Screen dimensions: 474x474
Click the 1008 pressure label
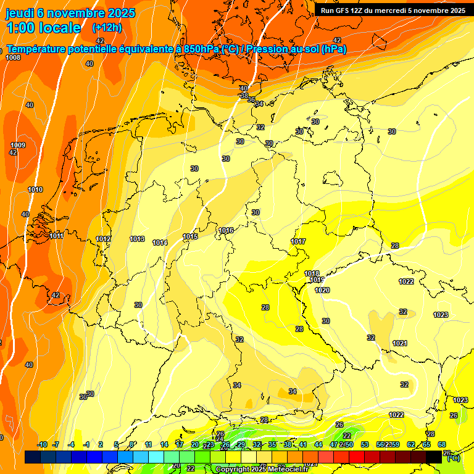pos(13,57)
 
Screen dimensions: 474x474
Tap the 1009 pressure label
pos(18,145)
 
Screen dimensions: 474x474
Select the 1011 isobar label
pos(56,236)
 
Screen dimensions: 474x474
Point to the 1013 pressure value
pos(137,239)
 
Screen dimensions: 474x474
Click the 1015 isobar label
pos(190,236)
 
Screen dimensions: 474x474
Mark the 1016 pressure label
pos(226,230)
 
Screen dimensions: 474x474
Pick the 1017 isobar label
pos(299,241)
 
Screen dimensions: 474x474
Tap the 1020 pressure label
pos(322,290)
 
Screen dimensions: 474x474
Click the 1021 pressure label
pos(400,343)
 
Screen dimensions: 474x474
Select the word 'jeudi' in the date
pos(19,13)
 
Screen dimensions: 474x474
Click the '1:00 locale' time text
pos(44,28)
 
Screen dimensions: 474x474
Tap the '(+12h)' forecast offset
pos(107,28)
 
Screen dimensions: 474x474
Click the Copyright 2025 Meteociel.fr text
pos(262,470)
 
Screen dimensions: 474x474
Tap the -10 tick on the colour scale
pos(42,444)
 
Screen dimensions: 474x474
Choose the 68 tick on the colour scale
pos(442,444)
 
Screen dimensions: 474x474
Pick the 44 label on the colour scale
pos(318,444)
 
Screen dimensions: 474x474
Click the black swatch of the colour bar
pos(434,457)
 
